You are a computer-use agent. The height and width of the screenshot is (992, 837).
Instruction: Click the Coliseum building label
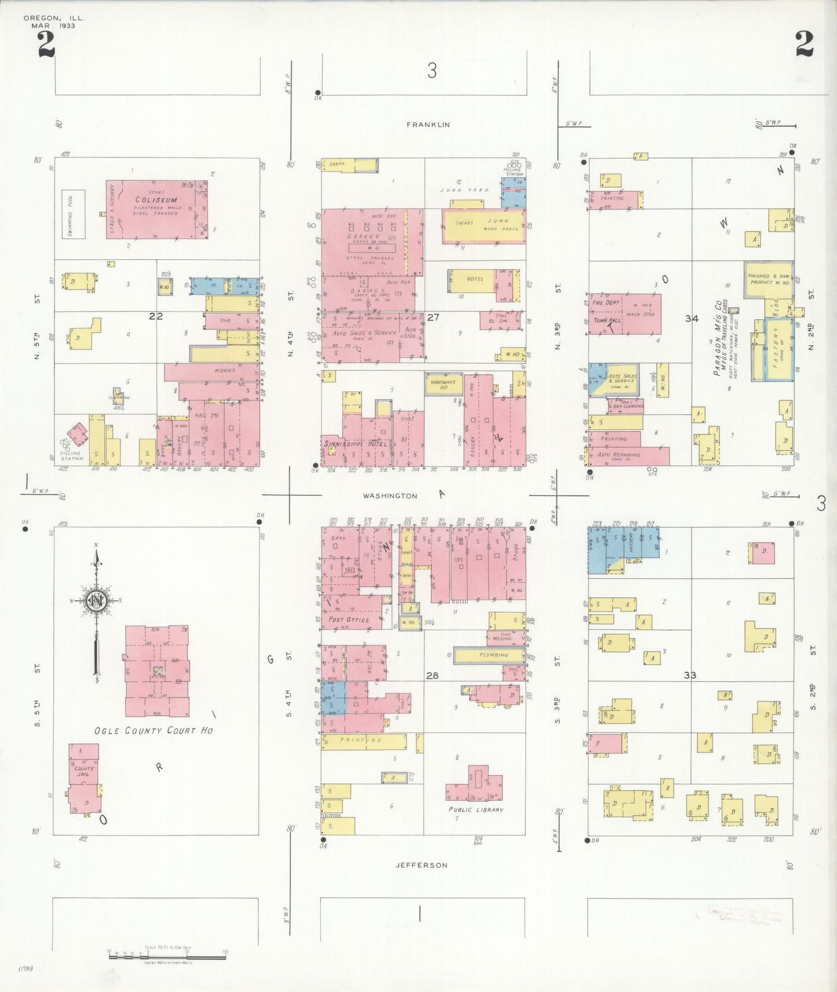156,200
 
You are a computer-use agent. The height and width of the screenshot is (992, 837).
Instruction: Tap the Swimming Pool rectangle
74,214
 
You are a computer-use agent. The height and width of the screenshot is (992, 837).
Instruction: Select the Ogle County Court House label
153,730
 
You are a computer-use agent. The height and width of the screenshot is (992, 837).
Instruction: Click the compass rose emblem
94,601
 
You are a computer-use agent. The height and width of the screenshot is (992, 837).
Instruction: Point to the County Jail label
84,771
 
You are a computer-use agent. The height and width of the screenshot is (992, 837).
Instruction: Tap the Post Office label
349,619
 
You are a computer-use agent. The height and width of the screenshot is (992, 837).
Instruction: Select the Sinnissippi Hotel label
355,443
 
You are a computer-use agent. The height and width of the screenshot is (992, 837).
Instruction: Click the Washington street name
390,496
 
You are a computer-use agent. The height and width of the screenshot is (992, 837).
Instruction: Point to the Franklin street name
428,124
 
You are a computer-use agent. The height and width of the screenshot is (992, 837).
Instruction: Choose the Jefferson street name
421,865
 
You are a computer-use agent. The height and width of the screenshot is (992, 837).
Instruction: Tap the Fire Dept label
605,303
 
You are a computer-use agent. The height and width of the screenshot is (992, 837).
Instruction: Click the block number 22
156,316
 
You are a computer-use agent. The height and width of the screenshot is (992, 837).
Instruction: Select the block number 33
689,675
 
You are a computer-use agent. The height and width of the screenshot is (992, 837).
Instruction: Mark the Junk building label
498,221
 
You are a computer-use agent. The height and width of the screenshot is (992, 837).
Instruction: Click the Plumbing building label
494,655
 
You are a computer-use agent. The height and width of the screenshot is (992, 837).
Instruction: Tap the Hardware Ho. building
443,384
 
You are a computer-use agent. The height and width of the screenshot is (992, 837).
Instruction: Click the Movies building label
225,370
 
